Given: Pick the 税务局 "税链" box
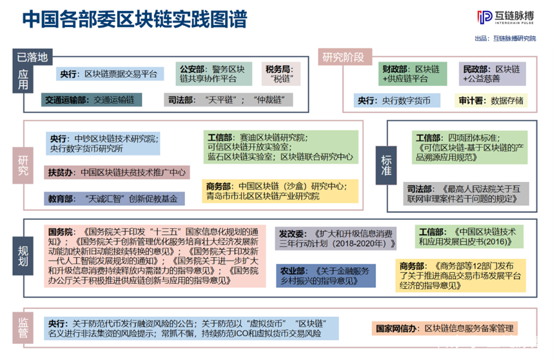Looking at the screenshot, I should coord(279,74).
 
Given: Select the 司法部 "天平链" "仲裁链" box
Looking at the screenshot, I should coord(228,100).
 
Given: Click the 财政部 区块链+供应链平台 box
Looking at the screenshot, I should coord(411,74).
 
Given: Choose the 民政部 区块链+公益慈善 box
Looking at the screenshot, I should coord(492,74).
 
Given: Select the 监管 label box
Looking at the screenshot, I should coord(23,328).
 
